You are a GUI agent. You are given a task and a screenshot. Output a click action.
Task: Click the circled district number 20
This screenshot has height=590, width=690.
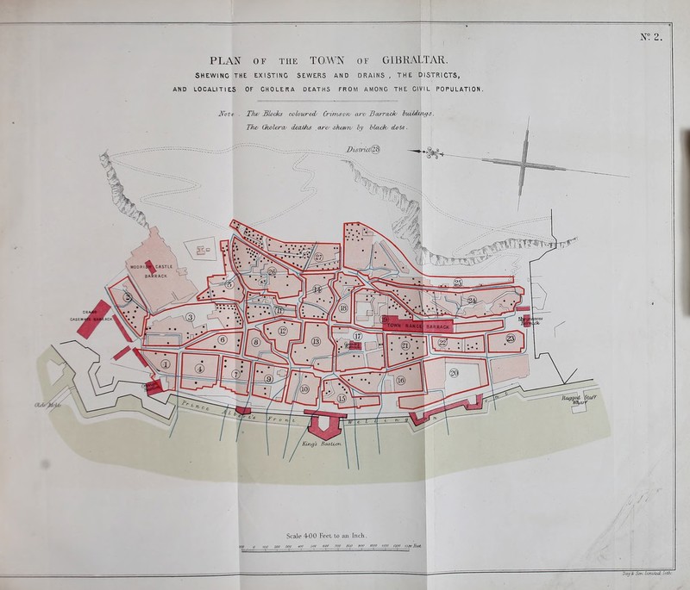click(x=454, y=372)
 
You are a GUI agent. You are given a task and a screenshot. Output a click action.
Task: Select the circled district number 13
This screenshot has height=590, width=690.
click(x=316, y=342)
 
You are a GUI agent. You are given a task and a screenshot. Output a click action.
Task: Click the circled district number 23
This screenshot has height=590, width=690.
click(x=512, y=338)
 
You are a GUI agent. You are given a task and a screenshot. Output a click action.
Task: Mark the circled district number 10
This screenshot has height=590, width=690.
click(x=303, y=389)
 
